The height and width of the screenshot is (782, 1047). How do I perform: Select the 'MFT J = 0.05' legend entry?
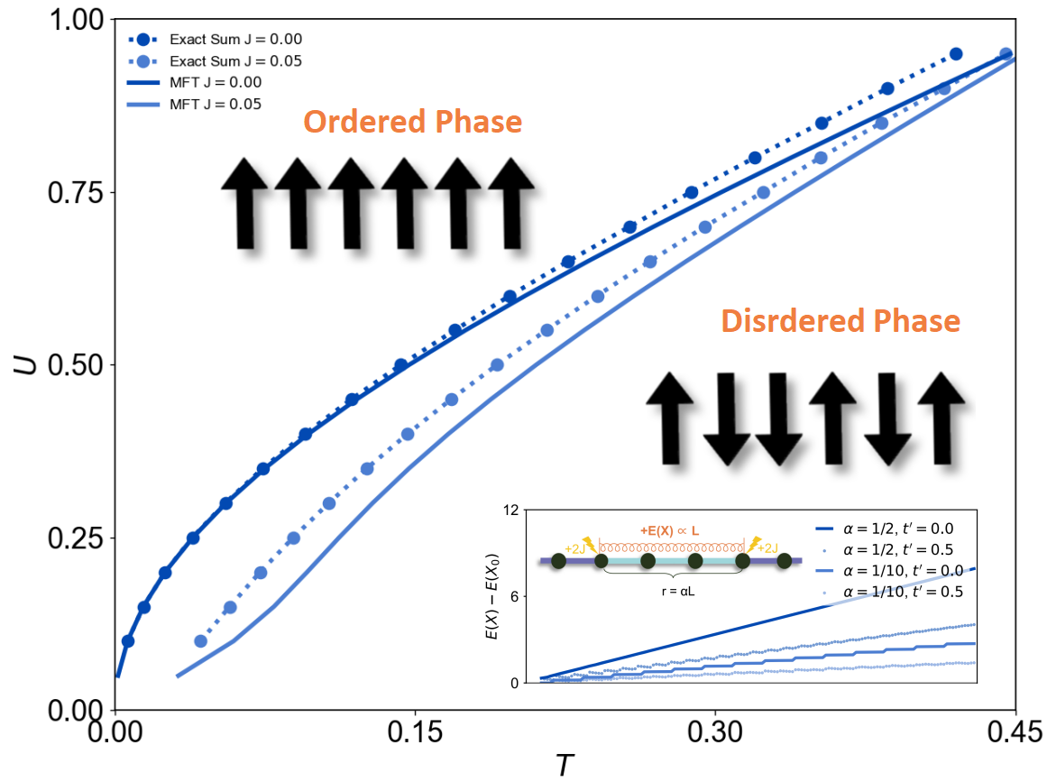point(216,104)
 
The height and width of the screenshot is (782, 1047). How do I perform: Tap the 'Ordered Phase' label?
point(412,122)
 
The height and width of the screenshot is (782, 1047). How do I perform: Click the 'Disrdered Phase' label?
point(840,320)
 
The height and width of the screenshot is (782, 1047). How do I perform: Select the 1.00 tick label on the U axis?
point(78,19)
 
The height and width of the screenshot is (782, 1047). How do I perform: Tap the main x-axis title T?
point(564,766)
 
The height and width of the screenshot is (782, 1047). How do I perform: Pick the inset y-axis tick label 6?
point(518,597)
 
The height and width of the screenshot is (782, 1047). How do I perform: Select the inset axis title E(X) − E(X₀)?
point(491,597)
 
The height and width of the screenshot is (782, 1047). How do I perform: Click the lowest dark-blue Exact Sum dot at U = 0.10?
point(128,641)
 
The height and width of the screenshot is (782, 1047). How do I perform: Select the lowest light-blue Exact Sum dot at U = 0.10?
point(201,641)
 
